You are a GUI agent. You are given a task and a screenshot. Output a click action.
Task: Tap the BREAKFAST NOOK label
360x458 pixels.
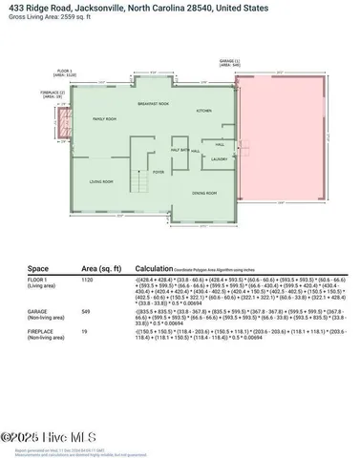tap(153, 103)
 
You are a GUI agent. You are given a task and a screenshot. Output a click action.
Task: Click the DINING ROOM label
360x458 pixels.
tap(203, 193)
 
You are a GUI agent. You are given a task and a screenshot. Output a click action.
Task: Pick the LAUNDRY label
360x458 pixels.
tap(219, 158)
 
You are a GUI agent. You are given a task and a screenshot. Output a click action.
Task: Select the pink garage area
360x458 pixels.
tap(286, 143)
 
